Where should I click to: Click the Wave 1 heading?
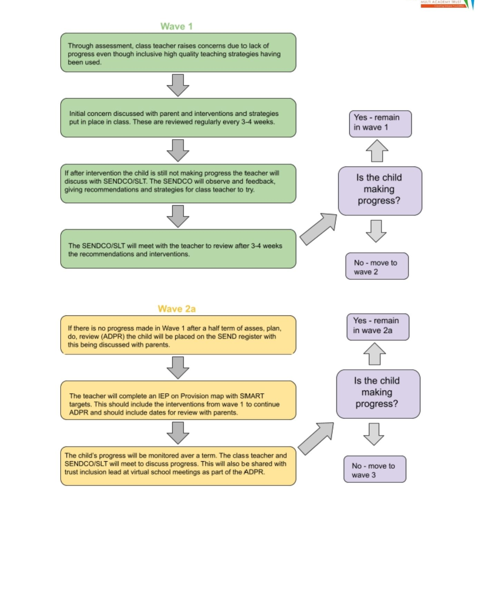(176, 27)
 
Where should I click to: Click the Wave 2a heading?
(177, 309)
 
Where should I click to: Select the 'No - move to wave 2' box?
(377, 266)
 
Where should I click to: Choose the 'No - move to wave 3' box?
(375, 469)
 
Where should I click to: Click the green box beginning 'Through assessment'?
(178, 53)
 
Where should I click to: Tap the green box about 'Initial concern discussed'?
(178, 118)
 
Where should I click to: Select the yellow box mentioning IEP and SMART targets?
(178, 400)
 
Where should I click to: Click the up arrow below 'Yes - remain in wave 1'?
(377, 150)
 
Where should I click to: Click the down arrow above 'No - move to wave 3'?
(374, 434)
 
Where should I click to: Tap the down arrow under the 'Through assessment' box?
(178, 85)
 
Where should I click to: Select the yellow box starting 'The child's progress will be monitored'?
(178, 466)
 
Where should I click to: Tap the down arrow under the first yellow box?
(178, 368)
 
